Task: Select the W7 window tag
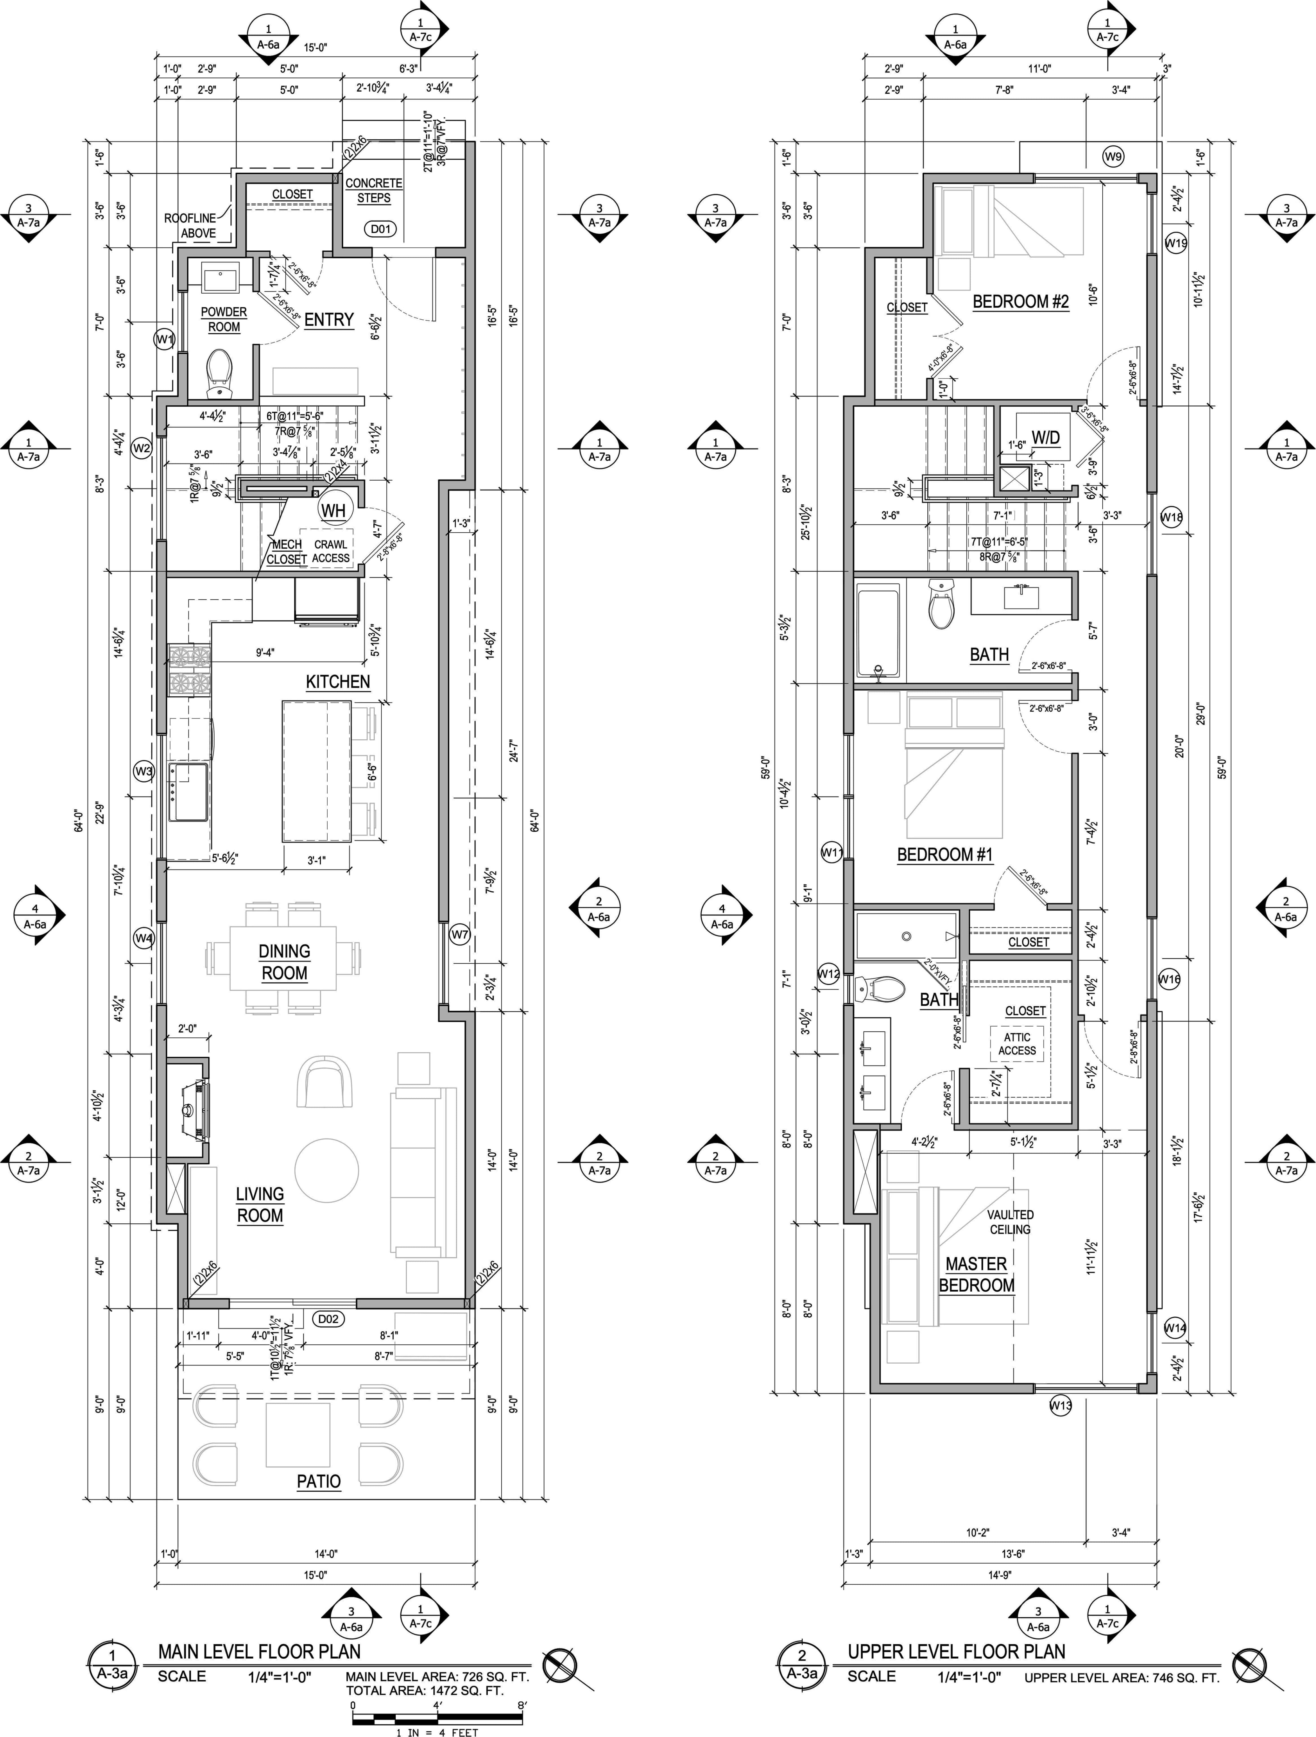tap(460, 935)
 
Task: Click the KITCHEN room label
tap(337, 682)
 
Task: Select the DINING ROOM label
tap(284, 962)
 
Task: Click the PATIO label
tap(319, 1482)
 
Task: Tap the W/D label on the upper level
tap(1045, 437)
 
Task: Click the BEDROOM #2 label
tap(1021, 302)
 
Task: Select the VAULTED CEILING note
tap(1011, 1222)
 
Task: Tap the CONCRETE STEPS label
tap(374, 190)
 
